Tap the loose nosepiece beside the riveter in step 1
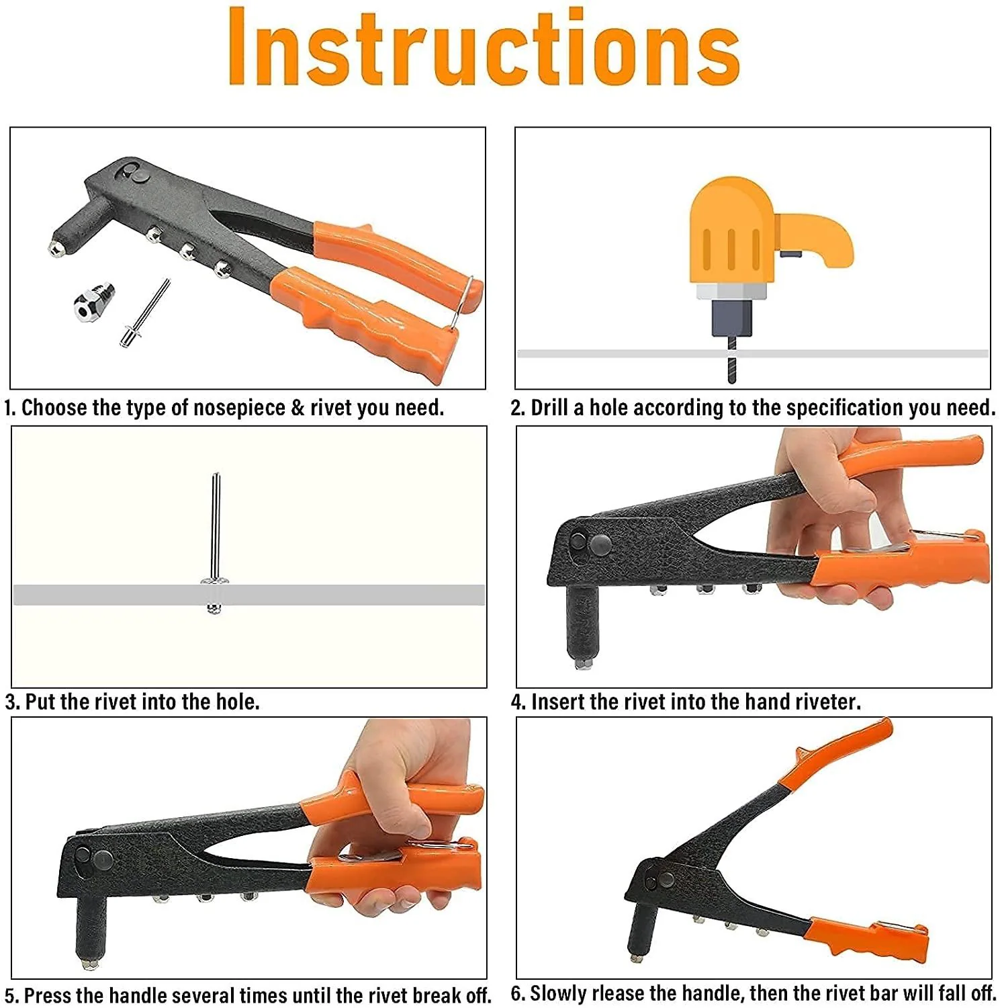coord(94,302)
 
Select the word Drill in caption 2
coord(549,407)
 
